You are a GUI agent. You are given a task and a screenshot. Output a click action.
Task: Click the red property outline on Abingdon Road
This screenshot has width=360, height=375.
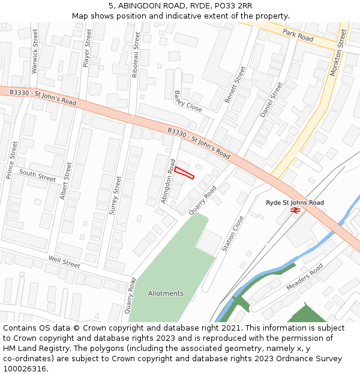coord(185,173)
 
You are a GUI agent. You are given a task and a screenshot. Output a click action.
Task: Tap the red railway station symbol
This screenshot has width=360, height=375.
coord(295,211)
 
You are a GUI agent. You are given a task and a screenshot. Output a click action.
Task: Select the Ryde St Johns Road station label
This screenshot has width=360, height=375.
coord(295,203)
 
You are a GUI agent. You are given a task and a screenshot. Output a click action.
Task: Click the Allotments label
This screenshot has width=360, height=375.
coord(166,293)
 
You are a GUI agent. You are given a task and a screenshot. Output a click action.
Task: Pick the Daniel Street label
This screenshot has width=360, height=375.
coord(271,100)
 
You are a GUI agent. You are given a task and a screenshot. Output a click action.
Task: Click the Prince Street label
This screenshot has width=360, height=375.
coord(11,160)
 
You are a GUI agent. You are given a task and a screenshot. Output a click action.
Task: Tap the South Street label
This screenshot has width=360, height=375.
coord(37,175)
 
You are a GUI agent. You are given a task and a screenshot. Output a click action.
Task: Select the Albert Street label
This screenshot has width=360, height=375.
coord(65,181)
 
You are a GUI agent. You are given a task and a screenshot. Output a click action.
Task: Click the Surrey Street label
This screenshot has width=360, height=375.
coord(114,194)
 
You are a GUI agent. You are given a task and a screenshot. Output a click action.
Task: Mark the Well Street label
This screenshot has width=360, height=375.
coord(64,263)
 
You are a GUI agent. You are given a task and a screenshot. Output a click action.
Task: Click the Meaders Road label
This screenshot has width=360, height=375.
coord(304,277)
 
